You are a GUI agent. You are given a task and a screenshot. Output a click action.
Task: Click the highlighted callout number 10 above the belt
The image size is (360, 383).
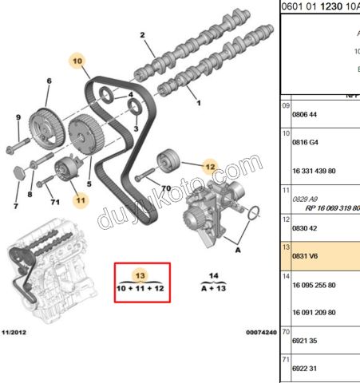coord(77,61)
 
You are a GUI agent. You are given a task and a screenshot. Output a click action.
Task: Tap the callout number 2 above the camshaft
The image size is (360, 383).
coord(143,35)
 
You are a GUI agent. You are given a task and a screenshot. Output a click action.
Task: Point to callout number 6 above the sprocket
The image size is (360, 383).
coord(49,81)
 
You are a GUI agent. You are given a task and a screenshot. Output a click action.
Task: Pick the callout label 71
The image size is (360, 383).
coord(55,202)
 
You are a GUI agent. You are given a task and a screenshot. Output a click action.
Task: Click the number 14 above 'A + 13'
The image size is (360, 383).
coord(214,275)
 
